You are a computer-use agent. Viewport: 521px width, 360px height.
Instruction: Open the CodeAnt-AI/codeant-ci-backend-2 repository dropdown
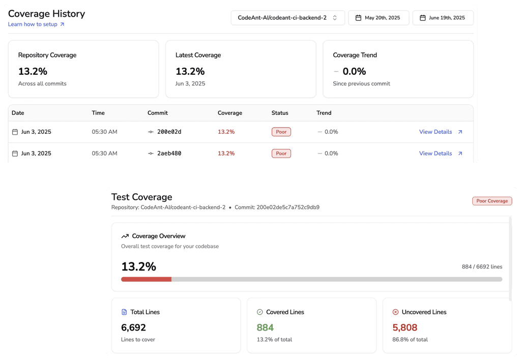(x=287, y=18)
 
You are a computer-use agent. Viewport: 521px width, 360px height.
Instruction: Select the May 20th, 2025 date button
(x=379, y=18)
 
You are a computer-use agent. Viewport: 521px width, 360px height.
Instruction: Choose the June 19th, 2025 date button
(x=443, y=18)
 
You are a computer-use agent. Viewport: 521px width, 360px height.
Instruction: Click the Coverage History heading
(x=46, y=14)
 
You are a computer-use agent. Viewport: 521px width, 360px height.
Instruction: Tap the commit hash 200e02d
(x=169, y=132)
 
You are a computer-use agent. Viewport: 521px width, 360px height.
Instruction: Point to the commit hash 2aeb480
(x=169, y=153)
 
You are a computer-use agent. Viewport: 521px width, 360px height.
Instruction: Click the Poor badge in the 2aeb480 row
(x=281, y=153)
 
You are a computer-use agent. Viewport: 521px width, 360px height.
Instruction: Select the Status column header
(x=280, y=113)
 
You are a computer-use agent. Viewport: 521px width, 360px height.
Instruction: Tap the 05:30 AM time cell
(x=104, y=132)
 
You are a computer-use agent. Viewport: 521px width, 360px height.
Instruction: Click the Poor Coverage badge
(x=492, y=201)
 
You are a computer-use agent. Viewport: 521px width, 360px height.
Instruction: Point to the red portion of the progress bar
(x=146, y=279)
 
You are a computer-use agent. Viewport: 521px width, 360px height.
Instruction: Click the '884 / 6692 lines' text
(x=482, y=266)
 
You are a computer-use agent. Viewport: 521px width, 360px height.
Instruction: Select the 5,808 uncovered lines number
(x=404, y=327)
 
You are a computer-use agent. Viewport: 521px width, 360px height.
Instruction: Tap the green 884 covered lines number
(x=265, y=327)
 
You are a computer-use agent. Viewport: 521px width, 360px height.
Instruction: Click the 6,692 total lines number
(x=133, y=327)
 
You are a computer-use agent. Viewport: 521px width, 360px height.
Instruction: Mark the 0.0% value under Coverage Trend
(x=354, y=71)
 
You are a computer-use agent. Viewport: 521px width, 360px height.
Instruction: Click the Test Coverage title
(x=141, y=197)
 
